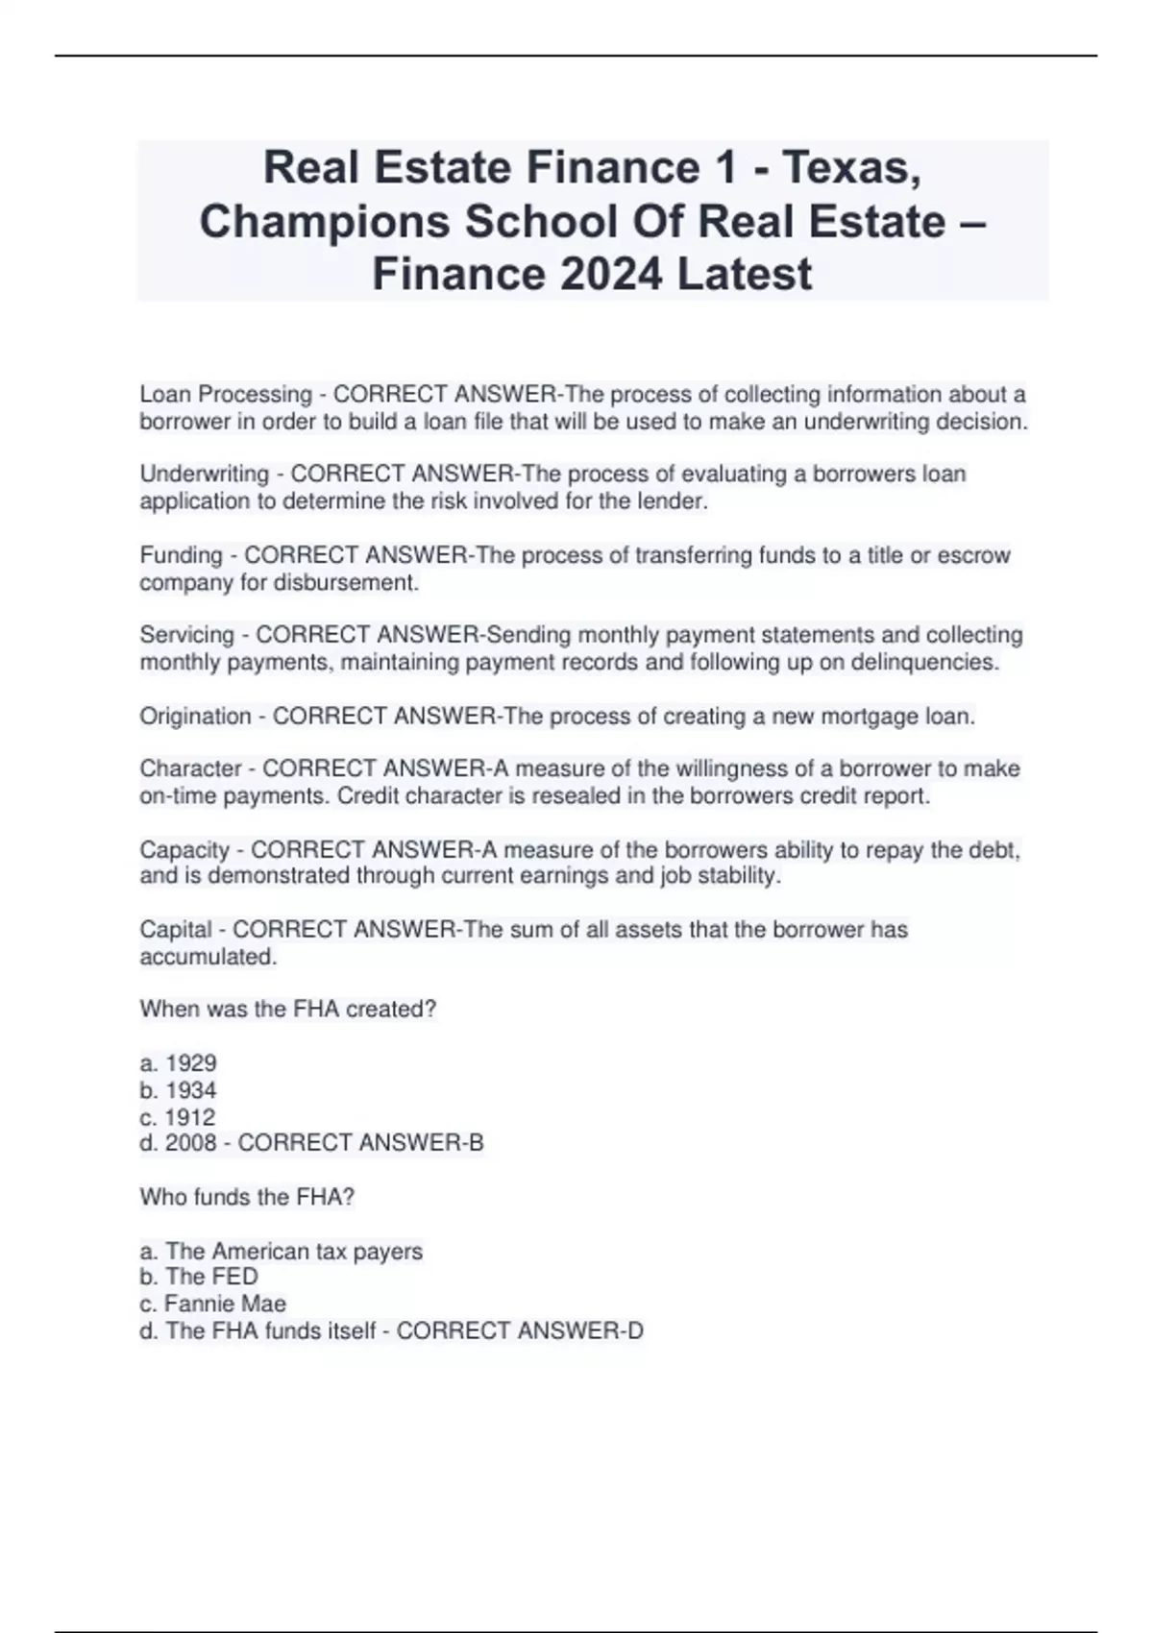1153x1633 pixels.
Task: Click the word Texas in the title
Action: [x=849, y=168]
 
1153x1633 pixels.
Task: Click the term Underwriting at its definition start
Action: [x=204, y=474]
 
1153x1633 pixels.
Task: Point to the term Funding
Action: [x=181, y=555]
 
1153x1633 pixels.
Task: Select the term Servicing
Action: [x=186, y=635]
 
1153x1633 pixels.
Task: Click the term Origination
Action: [x=195, y=716]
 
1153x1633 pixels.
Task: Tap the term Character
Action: [x=190, y=768]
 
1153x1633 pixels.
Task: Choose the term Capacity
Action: [x=184, y=850]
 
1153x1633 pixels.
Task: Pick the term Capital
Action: [x=176, y=929]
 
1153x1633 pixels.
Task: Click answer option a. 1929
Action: [x=179, y=1063]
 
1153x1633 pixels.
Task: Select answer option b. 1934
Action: [x=179, y=1090]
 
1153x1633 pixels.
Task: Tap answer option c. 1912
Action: [x=178, y=1117]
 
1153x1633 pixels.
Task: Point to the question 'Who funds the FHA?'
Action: [x=247, y=1197]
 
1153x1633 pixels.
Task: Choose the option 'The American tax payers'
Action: [x=293, y=1252]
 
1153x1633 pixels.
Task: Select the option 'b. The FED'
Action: [x=199, y=1277]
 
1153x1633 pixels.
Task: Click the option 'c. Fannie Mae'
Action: [x=212, y=1304]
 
